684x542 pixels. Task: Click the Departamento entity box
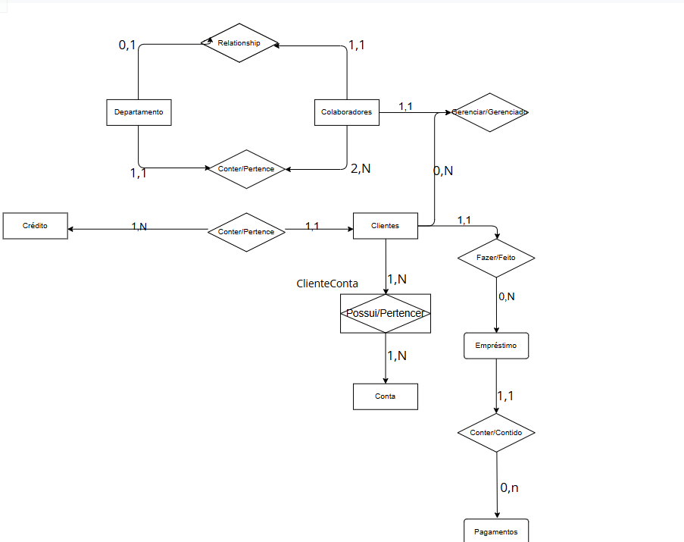139,112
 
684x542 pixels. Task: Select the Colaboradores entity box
346,112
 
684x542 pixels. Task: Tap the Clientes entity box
385,226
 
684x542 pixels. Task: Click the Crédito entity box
35,226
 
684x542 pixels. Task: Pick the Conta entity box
385,396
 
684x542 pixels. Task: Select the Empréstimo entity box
496,346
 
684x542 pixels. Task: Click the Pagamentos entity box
496,531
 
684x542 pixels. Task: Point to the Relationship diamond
239,43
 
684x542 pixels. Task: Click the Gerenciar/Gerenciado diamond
489,112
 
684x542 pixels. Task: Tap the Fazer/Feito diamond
496,258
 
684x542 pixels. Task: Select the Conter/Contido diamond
496,433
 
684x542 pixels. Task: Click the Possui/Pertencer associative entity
385,313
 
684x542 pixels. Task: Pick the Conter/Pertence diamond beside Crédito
246,231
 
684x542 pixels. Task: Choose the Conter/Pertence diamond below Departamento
246,169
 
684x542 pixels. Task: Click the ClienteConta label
327,284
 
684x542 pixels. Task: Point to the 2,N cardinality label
361,168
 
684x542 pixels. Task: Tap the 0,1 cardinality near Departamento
127,45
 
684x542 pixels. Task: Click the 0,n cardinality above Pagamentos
509,487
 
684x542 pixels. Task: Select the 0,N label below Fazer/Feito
507,296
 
